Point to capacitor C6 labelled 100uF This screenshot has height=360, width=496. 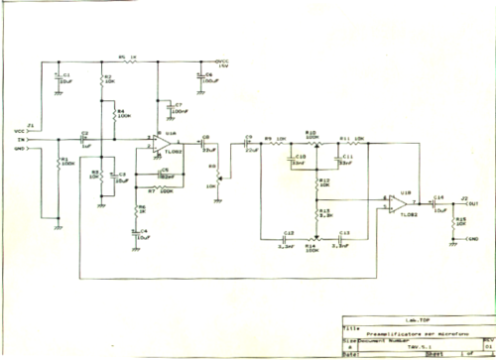[x=201, y=76]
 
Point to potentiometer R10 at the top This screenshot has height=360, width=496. [x=311, y=139]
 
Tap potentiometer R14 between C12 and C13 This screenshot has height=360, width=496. [x=312, y=240]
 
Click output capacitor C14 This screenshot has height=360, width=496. [x=438, y=204]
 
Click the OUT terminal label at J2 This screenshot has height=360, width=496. [x=473, y=204]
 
